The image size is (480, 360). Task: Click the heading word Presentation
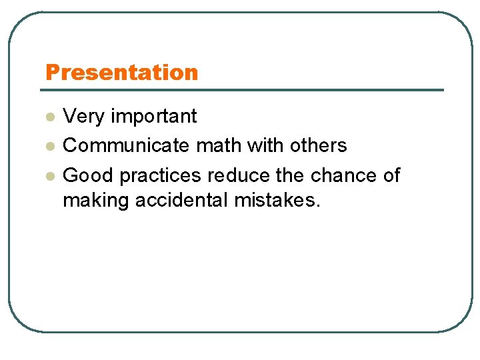pyautogui.click(x=121, y=72)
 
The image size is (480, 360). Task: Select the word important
pyautogui.click(x=154, y=116)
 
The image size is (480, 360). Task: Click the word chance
pyautogui.click(x=344, y=175)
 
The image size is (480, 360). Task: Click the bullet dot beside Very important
pyautogui.click(x=49, y=117)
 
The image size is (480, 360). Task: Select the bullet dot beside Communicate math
pyautogui.click(x=49, y=147)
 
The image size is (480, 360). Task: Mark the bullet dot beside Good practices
pyautogui.click(x=49, y=177)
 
